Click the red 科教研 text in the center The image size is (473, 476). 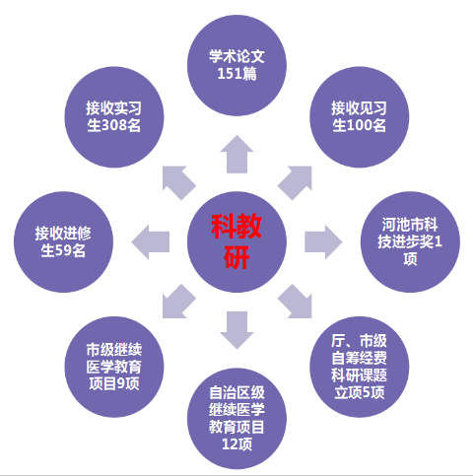tap(236, 241)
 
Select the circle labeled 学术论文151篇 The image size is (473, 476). tap(236, 65)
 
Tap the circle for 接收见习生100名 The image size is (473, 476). tap(360, 117)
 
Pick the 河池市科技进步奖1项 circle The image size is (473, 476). tap(410, 242)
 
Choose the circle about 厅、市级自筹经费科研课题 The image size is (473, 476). tap(360, 367)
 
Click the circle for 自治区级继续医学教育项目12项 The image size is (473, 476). tap(236, 419)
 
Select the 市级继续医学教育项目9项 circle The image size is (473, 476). tap(114, 367)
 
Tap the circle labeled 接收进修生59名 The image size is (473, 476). tap(63, 242)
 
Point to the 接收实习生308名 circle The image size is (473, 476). tap(114, 117)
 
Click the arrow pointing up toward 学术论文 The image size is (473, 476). tap(236, 155)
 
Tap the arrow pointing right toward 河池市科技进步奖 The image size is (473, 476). tap(323, 242)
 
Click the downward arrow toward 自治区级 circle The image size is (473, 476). tap(236, 330)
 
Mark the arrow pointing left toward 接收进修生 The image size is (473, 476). tap(150, 242)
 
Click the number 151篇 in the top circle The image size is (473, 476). tap(236, 74)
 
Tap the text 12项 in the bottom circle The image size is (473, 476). tap(236, 444)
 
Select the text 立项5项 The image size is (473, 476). tap(360, 392)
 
